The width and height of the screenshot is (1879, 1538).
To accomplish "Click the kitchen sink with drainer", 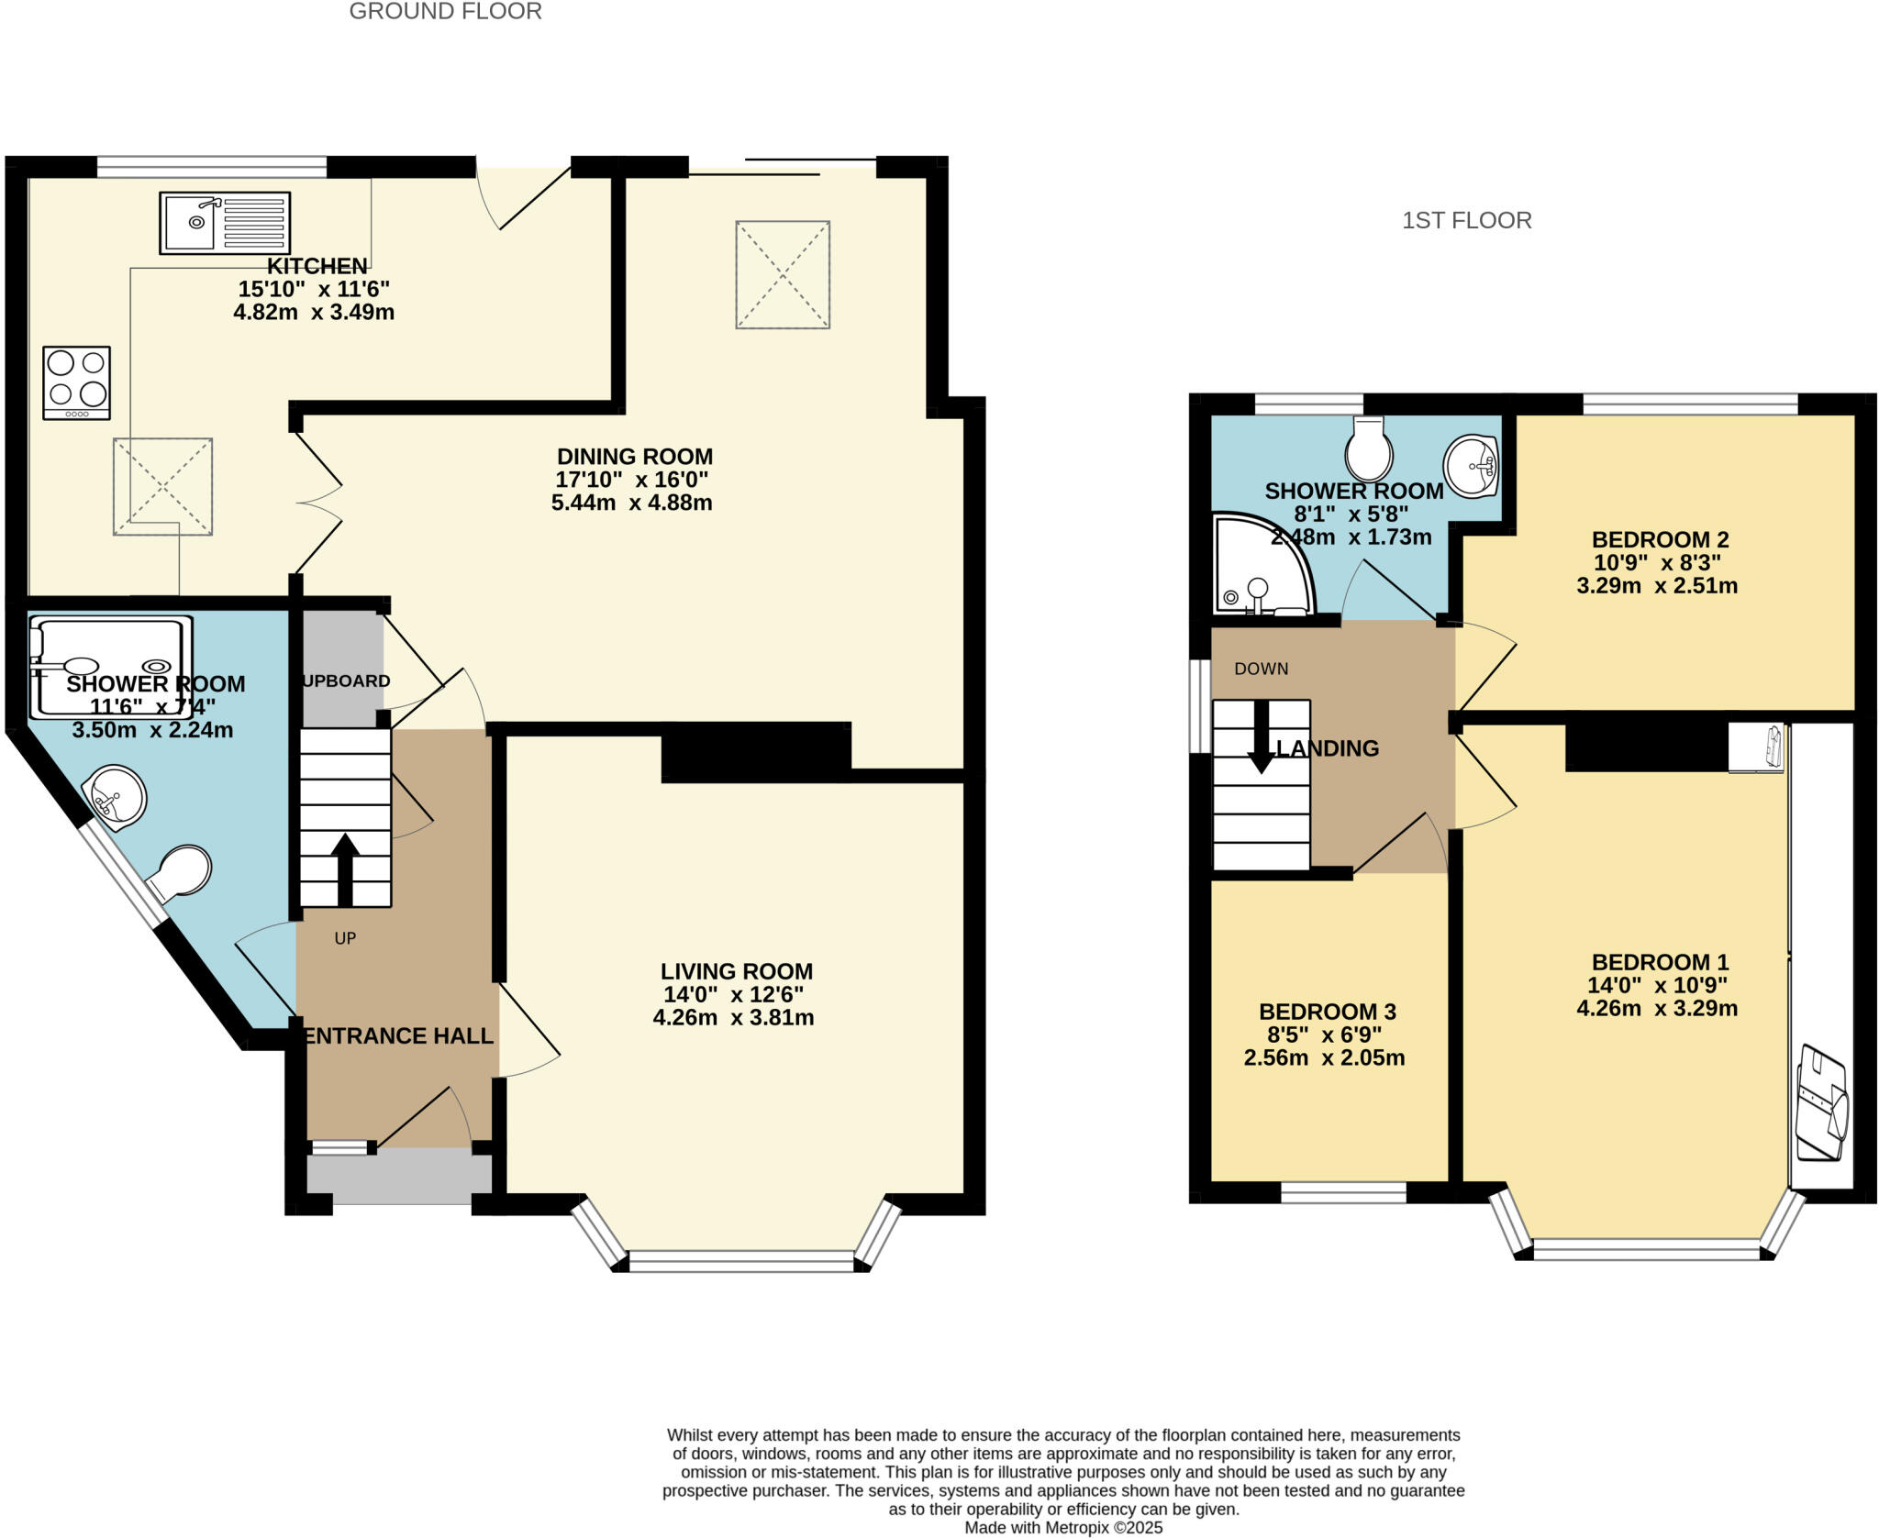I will pos(225,223).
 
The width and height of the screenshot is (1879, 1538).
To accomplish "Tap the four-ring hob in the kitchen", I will pos(77,382).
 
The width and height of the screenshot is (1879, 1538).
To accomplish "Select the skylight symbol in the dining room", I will pos(783,274).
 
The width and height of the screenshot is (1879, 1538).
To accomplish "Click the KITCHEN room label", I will pos(317,267).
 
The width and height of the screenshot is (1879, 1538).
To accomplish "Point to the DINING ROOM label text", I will pos(635,457).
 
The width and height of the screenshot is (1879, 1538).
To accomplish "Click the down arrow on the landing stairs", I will pos(1261,738).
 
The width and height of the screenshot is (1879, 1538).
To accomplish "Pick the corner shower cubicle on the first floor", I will pos(1259,569).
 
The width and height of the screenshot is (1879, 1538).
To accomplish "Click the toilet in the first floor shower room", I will pos(1369,450).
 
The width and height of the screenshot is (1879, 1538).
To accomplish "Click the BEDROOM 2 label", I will pos(1660,540).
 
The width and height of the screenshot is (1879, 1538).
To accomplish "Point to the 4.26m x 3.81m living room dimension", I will pos(733,1018).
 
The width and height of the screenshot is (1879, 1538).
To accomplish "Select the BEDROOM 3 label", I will pos(1327,1012).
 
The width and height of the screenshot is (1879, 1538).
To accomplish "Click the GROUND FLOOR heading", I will pos(445,12).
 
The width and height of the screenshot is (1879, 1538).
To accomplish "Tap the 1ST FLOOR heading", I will pos(1466,221).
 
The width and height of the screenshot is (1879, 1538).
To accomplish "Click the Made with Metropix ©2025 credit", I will pos(1063,1528).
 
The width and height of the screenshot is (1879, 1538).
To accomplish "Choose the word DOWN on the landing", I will pos(1261,669).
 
